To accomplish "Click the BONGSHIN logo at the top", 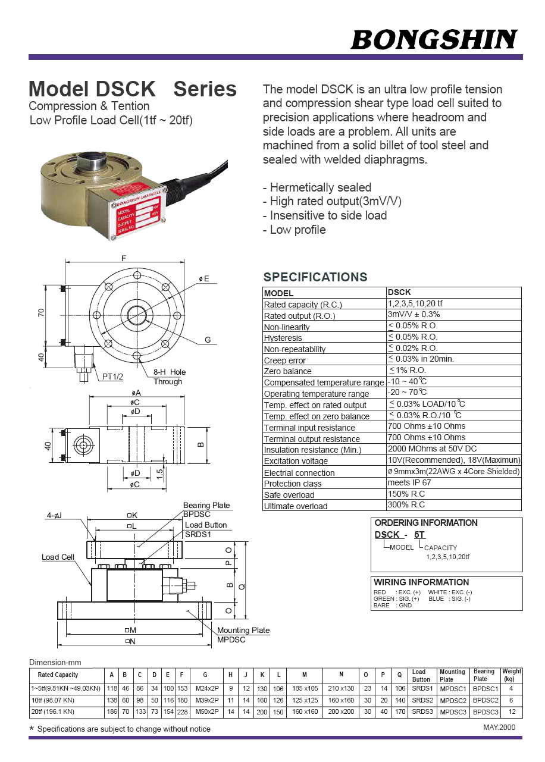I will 434,40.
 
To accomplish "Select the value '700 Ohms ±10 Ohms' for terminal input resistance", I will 426,427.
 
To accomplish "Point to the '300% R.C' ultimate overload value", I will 406,505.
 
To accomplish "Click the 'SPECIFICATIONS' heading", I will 315,277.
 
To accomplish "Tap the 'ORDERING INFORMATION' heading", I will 425,523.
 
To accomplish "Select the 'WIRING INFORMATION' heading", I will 421,582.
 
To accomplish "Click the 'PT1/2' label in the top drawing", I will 112,377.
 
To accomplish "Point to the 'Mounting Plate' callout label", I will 243,631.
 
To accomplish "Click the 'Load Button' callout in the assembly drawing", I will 206,525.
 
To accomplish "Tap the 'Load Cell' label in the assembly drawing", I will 58,557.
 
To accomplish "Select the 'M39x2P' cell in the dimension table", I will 206,700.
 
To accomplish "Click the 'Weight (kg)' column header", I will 511,675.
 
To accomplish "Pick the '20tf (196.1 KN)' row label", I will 52,711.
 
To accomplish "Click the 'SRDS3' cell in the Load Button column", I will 421,711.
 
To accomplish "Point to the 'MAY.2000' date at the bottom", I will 499,727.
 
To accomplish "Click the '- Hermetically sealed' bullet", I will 317,187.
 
